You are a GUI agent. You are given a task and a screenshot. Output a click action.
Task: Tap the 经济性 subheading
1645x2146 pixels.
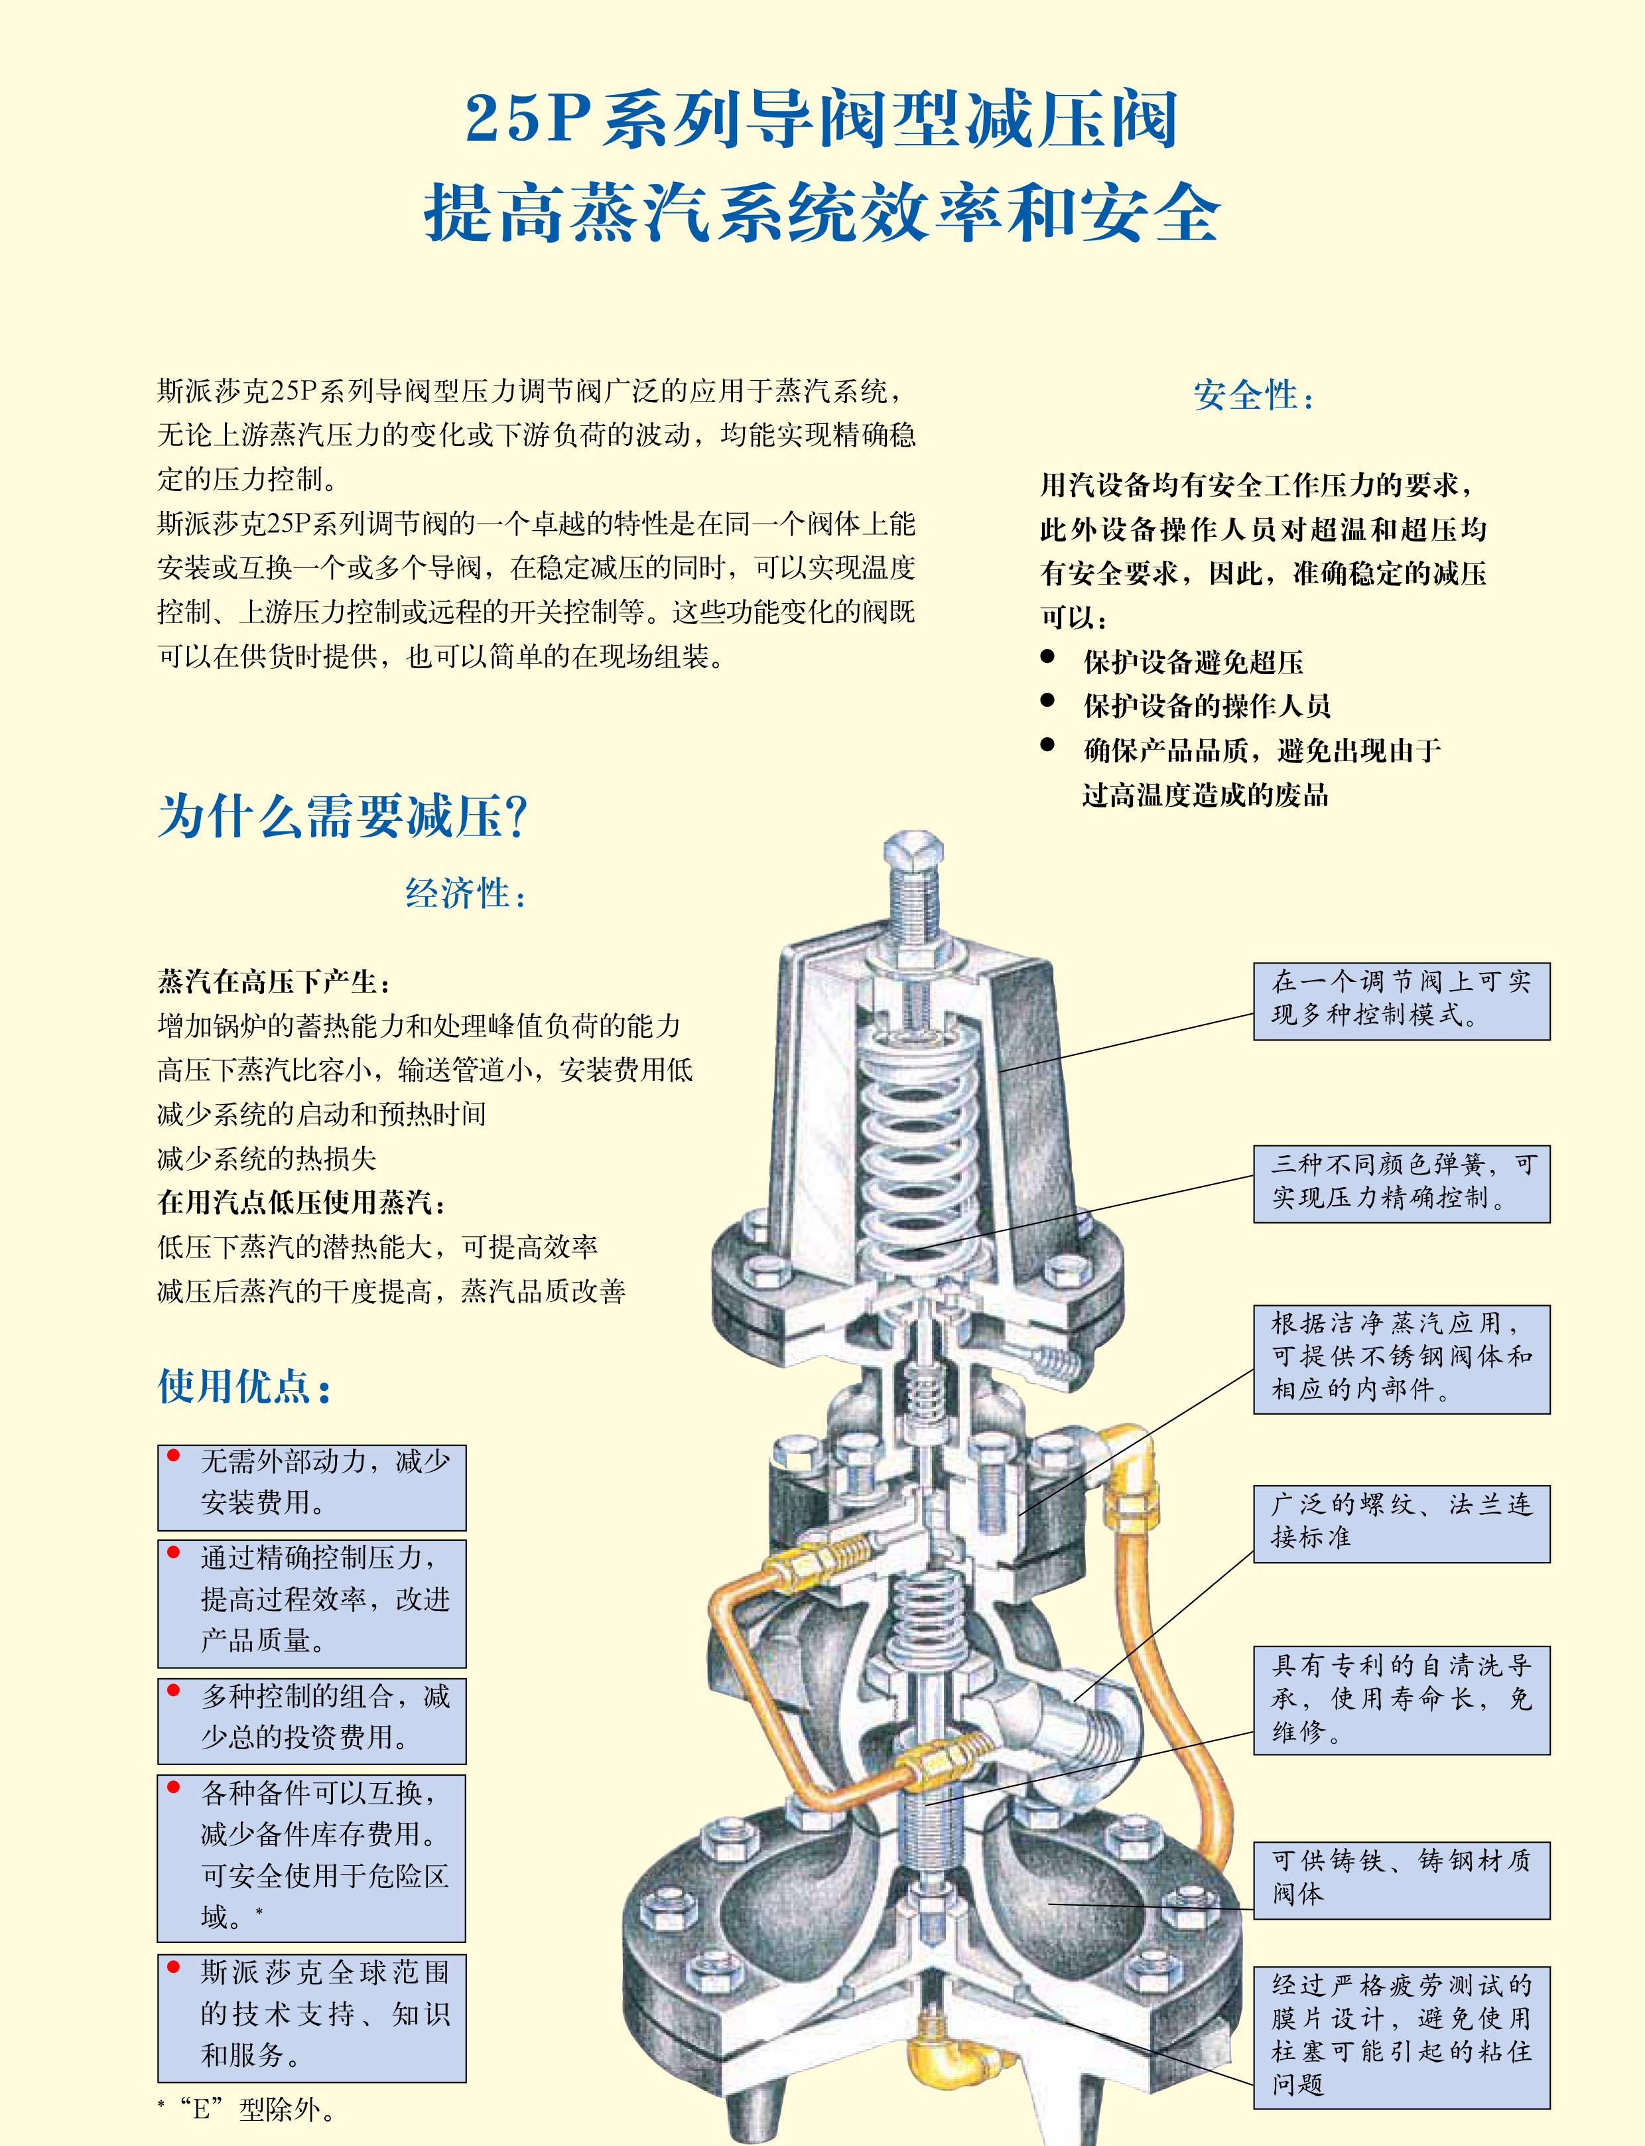coord(465,893)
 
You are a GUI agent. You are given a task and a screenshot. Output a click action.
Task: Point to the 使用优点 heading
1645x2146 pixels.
coord(244,1386)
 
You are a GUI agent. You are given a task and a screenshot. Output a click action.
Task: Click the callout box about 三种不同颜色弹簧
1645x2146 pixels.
coord(1401,1182)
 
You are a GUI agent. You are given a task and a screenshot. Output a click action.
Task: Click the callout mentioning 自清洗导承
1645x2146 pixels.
coord(1401,1698)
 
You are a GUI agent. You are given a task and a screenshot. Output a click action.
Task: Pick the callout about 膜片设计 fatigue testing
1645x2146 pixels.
coord(1401,2035)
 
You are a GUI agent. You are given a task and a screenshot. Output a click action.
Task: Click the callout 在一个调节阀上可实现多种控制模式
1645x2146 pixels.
coord(1401,999)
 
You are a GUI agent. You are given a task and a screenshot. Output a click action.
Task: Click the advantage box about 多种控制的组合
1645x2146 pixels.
coord(311,1721)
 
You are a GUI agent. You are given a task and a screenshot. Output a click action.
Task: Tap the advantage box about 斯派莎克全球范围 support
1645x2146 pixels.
coord(311,2018)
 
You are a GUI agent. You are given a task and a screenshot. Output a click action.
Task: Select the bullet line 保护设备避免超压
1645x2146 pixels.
coord(1193,662)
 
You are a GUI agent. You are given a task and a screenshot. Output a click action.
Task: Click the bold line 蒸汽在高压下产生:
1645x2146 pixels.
coord(274,981)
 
